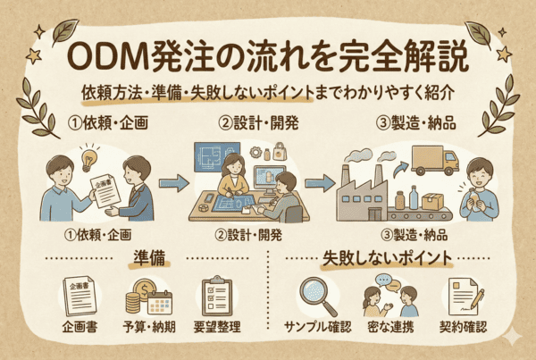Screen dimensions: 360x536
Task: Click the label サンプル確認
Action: (317, 328)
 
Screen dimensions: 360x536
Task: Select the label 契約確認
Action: (464, 328)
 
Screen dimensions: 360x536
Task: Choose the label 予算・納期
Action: (147, 328)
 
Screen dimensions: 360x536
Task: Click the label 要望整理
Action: (218, 328)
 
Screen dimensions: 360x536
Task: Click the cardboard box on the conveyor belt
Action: (437, 202)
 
